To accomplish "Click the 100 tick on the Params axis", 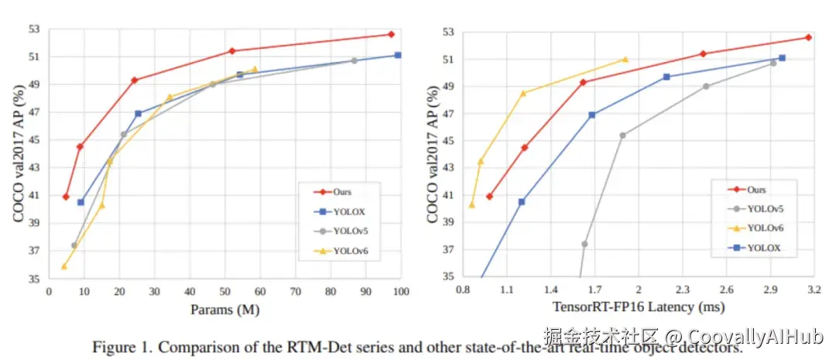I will point(400,290).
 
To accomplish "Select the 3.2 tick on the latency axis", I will point(814,289).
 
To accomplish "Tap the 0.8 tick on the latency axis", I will point(464,289).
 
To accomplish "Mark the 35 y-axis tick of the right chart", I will point(450,276).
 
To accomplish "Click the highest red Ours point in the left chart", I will point(391,34).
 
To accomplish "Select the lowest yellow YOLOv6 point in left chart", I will point(64,266).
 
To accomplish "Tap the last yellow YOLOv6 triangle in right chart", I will point(625,59).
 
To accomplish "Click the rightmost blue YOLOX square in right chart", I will point(782,58).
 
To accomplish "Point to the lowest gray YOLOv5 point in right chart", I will point(584,244).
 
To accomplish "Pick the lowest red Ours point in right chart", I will point(489,197).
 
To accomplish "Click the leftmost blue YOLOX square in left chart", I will point(81,202).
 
